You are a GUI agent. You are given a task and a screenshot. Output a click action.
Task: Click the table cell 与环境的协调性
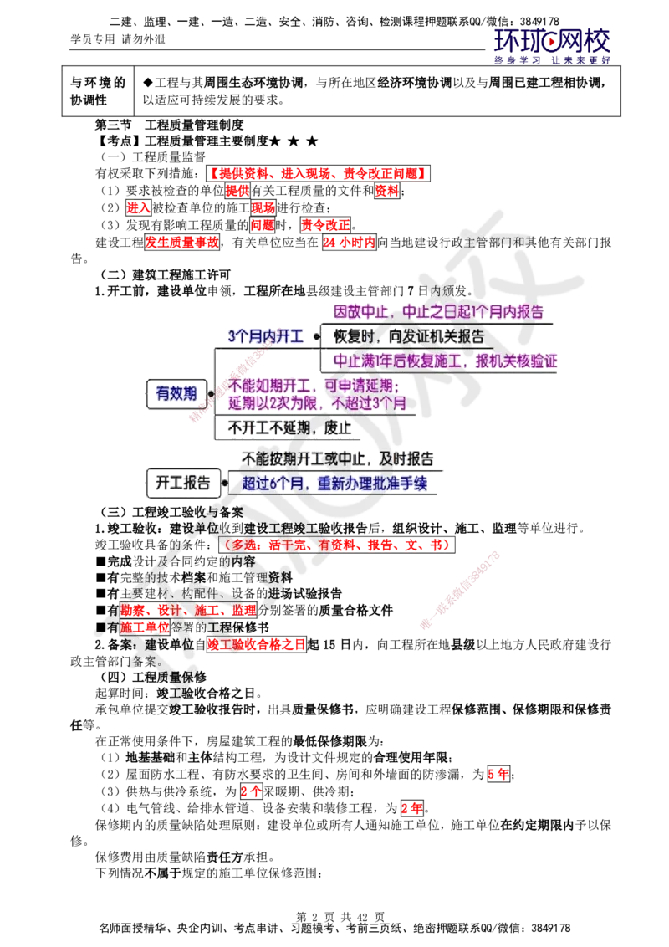click(98, 91)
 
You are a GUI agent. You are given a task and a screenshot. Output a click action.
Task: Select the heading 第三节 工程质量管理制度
click(169, 125)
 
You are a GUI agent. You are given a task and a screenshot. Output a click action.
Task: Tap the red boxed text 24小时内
click(349, 242)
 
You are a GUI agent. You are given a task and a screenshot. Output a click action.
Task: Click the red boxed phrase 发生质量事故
click(181, 242)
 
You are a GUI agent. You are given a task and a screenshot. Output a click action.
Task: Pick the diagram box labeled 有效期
click(176, 394)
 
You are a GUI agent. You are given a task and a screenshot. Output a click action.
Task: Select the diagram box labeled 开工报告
click(183, 483)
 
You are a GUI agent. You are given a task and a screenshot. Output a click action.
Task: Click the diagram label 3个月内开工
click(266, 336)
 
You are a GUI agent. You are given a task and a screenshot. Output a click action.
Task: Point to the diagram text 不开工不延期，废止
click(290, 428)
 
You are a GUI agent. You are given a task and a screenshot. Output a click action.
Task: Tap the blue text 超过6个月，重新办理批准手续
click(334, 484)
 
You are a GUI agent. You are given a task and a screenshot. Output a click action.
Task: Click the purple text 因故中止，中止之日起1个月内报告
click(439, 312)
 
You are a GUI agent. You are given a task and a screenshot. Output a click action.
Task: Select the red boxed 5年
click(498, 774)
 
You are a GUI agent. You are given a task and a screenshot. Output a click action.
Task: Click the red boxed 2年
click(412, 807)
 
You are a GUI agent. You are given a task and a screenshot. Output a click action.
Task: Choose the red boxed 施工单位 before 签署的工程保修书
click(145, 627)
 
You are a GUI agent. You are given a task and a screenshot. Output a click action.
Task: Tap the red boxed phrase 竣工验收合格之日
click(257, 644)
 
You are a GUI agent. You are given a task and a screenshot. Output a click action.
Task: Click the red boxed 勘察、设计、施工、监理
click(188, 610)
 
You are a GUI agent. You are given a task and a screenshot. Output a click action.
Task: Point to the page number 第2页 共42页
click(340, 917)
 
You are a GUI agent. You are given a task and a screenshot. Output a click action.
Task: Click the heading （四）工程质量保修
click(153, 677)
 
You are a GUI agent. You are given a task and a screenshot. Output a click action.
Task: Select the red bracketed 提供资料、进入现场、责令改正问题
click(319, 173)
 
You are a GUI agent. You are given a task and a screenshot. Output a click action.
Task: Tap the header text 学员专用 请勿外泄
click(118, 39)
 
